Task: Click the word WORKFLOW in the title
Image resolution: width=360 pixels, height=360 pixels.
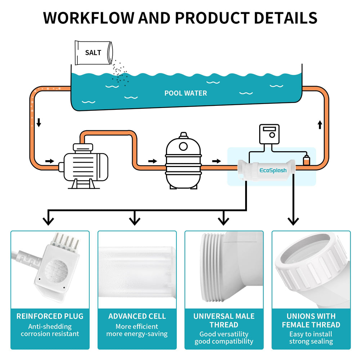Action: point(89,18)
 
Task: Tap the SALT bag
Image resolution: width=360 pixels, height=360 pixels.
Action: point(94,53)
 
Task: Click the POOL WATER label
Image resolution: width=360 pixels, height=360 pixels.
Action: point(185,93)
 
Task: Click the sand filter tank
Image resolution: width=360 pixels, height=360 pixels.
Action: point(183,161)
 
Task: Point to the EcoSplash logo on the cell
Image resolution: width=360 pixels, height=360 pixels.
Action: point(273,170)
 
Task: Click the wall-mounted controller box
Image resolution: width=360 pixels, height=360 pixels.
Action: point(269,134)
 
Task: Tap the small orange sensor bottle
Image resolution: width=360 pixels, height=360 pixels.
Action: point(306,160)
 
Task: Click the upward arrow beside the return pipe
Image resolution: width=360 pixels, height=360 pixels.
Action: point(320,125)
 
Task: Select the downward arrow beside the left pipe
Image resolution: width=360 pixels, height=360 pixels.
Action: point(39,123)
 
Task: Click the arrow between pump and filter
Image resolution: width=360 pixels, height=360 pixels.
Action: point(153,161)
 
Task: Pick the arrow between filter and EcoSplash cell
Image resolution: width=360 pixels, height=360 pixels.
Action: point(216,161)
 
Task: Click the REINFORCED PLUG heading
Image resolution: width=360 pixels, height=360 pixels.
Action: point(50,316)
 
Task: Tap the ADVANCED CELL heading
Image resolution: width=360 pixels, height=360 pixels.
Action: point(137,316)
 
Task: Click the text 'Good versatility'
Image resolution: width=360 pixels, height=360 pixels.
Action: point(224,334)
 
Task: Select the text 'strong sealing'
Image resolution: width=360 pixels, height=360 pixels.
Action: point(311,341)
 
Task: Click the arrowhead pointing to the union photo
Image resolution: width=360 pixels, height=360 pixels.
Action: point(293,221)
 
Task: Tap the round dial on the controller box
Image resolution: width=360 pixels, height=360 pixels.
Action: point(272,135)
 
